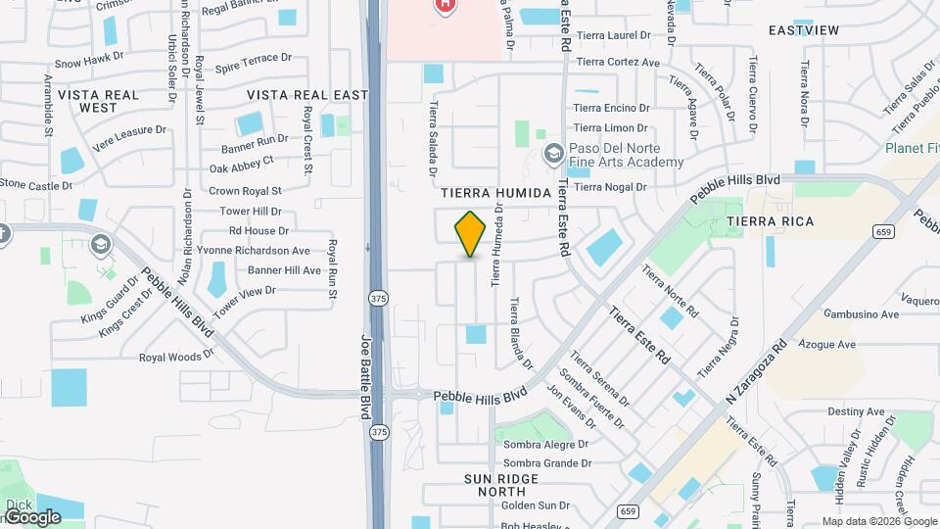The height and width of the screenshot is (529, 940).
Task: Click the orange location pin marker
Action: [x=471, y=233]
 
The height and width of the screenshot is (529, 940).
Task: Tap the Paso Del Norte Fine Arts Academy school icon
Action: [x=553, y=152]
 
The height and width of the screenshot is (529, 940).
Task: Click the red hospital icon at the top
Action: [x=446, y=6]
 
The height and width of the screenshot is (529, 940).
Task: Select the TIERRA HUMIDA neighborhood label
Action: [x=496, y=193]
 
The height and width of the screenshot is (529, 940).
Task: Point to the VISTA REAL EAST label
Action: [x=306, y=95]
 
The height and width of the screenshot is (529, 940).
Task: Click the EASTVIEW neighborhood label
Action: [x=804, y=30]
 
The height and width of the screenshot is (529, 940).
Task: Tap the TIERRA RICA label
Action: [x=770, y=222]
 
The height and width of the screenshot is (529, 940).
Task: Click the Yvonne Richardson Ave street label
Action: [x=253, y=251]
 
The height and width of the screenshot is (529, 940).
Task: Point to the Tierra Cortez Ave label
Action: [x=618, y=62]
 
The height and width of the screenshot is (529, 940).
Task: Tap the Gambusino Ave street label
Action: [x=862, y=314]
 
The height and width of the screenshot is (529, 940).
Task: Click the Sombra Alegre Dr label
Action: [x=546, y=444]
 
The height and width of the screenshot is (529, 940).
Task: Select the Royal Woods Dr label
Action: [x=176, y=358]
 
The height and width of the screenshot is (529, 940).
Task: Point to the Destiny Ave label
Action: [x=856, y=412]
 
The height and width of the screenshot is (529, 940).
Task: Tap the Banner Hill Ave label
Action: [x=284, y=270]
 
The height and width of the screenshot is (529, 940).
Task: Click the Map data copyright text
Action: [x=865, y=521]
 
